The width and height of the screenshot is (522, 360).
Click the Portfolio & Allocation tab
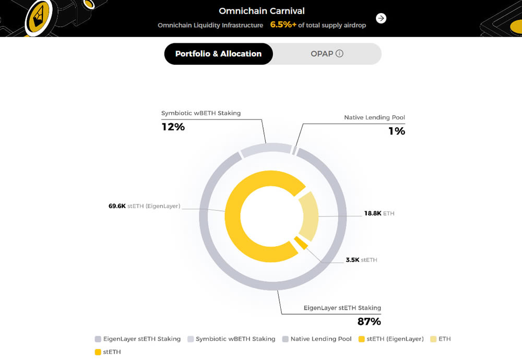pyautogui.click(x=218, y=54)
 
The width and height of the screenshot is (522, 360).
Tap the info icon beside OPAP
pyautogui.click(x=340, y=54)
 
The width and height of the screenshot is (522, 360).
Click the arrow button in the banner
pyautogui.click(x=382, y=18)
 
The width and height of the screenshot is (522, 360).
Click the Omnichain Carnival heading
pyautogui.click(x=262, y=11)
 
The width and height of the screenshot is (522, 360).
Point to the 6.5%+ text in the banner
pyautogui.click(x=283, y=25)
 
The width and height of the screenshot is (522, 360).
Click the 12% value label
pyautogui.click(x=173, y=127)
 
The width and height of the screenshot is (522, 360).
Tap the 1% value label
pyautogui.click(x=397, y=131)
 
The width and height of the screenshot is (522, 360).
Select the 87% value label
pyautogui.click(x=369, y=321)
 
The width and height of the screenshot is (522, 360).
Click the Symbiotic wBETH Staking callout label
pyautogui.click(x=201, y=113)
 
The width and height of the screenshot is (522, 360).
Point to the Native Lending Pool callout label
pyautogui.click(x=374, y=117)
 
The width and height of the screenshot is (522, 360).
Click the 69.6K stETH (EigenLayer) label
pyautogui.click(x=145, y=206)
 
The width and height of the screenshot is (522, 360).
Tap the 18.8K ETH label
pyautogui.click(x=379, y=213)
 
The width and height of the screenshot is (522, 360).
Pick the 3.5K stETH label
pyautogui.click(x=361, y=259)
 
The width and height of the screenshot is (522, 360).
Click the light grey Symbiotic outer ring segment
pyautogui.click(x=266, y=149)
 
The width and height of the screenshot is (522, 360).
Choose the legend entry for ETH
pyautogui.click(x=441, y=339)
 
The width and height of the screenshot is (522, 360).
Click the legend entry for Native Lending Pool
pyautogui.click(x=316, y=339)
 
